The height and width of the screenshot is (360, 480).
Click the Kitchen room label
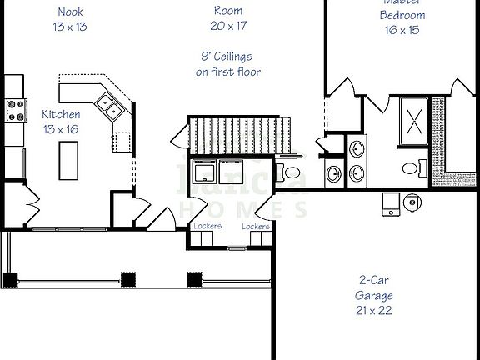coord(62,114)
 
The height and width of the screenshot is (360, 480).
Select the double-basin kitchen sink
coord(109,105)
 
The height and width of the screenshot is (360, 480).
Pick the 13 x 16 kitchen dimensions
coord(62,129)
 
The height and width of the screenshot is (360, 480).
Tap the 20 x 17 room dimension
coord(227,26)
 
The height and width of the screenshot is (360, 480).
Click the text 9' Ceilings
coord(227,57)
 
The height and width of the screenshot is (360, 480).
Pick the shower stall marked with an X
coord(416,118)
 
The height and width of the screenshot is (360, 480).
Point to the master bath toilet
coord(410,168)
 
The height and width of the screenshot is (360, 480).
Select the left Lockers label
coord(207,226)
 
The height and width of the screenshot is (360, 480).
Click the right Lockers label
coord(256,226)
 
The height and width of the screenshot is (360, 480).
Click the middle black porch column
coord(127,278)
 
